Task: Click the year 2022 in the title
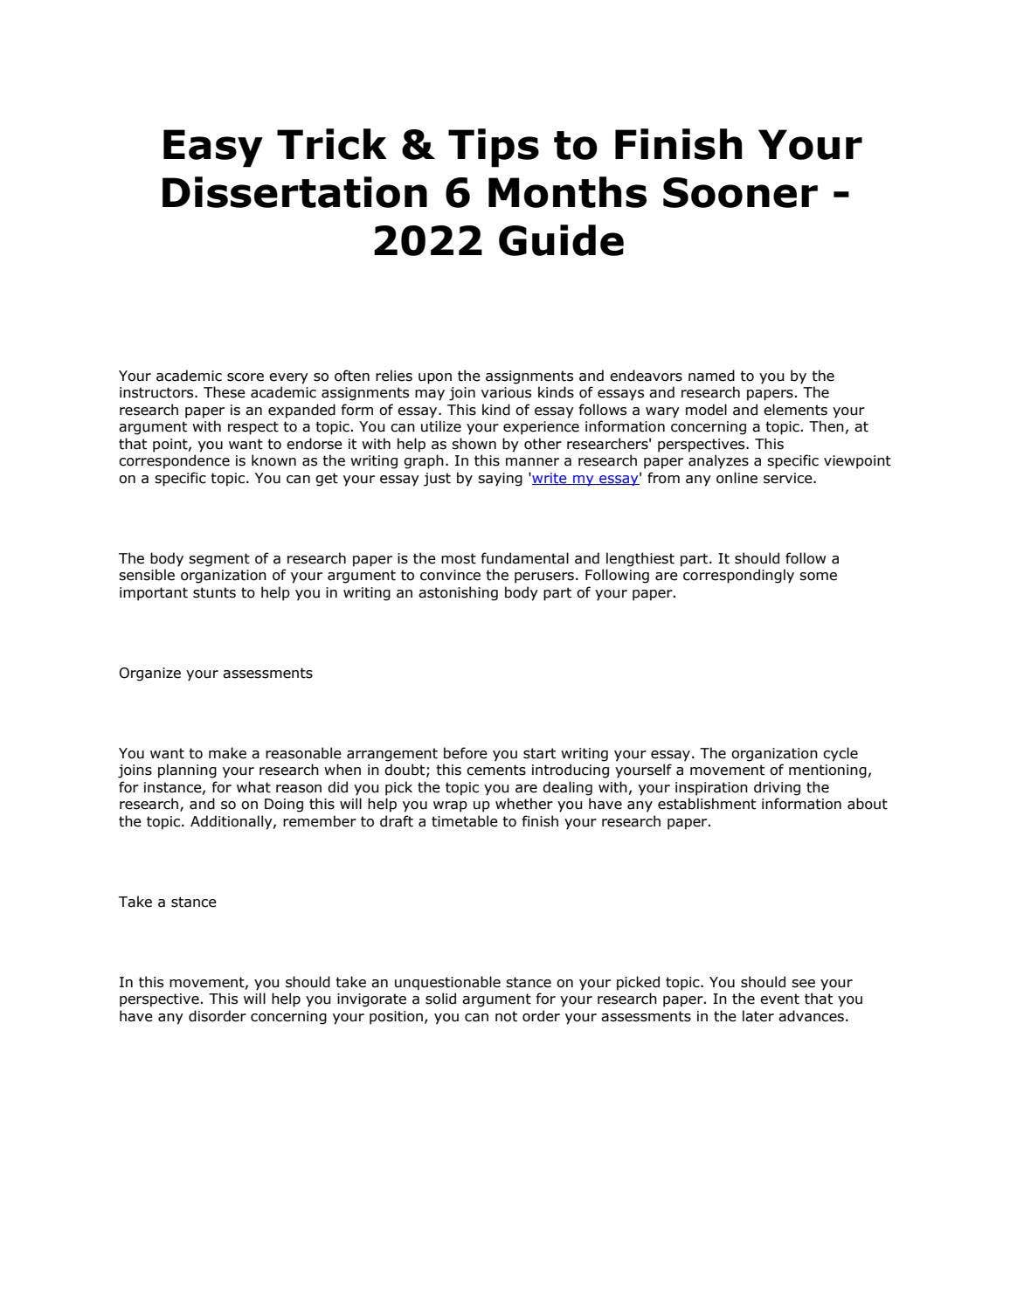428,241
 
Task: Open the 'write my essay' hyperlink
585,479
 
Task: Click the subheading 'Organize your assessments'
216,674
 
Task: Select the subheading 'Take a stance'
168,902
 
